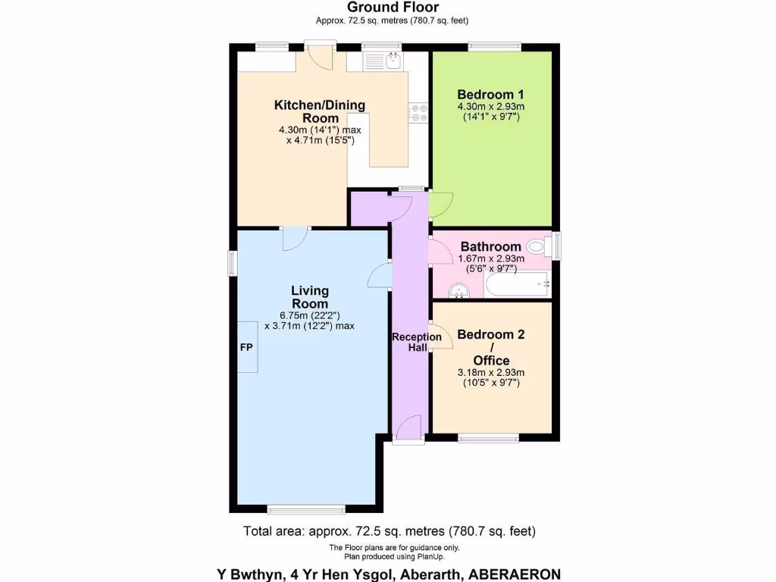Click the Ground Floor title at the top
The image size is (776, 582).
(393, 8)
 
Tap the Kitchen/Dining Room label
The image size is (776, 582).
(319, 111)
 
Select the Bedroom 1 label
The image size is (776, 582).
(490, 95)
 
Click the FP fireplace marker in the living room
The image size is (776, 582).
(247, 346)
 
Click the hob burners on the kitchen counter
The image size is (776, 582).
(418, 112)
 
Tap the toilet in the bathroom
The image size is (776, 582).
(538, 246)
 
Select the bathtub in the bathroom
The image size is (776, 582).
(517, 286)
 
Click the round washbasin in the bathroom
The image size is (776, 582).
(459, 289)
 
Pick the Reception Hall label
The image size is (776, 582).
(416, 342)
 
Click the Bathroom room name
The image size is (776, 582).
(490, 246)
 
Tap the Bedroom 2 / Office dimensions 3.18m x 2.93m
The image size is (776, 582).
(491, 372)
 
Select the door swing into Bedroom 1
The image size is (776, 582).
(440, 203)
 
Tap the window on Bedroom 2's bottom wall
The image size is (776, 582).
(489, 437)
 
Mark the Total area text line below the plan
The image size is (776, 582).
(393, 530)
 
